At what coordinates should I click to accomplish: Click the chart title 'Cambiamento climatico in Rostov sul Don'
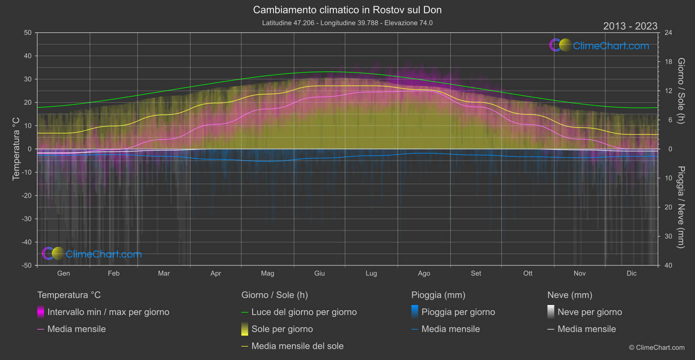tap(347, 10)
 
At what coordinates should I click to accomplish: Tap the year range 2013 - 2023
tap(630, 26)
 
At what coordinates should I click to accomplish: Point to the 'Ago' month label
tap(424, 274)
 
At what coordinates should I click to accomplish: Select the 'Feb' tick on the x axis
tap(113, 274)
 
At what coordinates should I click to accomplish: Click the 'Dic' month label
tap(631, 274)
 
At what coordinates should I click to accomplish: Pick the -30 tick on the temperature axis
tap(27, 219)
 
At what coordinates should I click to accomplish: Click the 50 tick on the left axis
tap(28, 33)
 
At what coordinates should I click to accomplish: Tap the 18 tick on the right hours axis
tap(668, 62)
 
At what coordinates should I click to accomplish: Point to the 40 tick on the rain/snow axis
tap(668, 265)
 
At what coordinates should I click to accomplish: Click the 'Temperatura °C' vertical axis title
tap(16, 148)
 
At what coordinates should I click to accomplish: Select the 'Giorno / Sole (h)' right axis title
tap(681, 91)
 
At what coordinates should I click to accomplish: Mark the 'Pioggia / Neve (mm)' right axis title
tap(681, 207)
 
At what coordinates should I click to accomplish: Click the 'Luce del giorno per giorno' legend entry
tap(304, 312)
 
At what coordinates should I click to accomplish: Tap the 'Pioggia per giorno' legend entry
tap(458, 312)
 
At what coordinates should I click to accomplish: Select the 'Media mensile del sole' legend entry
tap(297, 346)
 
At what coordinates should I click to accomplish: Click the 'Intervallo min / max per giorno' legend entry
tap(108, 312)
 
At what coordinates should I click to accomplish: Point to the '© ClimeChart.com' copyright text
tap(657, 348)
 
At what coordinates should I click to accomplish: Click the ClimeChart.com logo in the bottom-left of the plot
tap(92, 254)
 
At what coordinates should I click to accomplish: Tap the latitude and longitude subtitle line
tap(347, 23)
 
